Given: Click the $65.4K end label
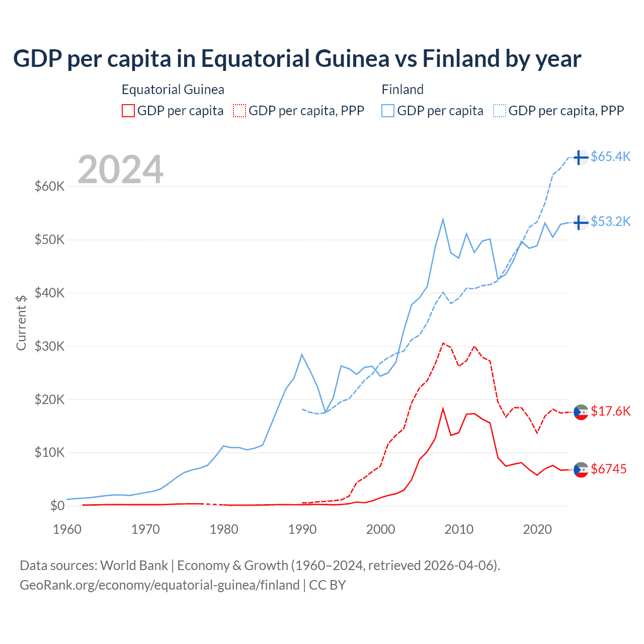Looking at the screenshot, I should (610, 156).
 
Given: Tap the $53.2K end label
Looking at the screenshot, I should (610, 221).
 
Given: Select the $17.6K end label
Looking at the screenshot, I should (610, 411).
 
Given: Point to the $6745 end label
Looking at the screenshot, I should (608, 469).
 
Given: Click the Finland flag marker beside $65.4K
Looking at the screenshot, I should (581, 157).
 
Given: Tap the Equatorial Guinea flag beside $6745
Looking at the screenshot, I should (581, 469).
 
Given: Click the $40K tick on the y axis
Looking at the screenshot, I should (49, 293).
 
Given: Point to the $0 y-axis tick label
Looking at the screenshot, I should (57, 506).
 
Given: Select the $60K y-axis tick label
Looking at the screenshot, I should (49, 186).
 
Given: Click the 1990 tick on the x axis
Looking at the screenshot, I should (302, 529).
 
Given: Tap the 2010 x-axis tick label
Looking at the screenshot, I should (459, 529).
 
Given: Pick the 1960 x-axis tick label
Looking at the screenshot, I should (67, 529).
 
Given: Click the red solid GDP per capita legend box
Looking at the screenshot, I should (128, 111).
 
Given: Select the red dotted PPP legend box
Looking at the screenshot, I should (239, 111).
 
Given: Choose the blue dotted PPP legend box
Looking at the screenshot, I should (500, 111).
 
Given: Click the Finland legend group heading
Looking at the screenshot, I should (403, 90).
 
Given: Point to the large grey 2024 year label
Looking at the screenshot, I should (121, 169).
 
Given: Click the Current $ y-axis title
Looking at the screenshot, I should (21, 323).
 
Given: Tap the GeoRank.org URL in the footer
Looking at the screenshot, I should (159, 585).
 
